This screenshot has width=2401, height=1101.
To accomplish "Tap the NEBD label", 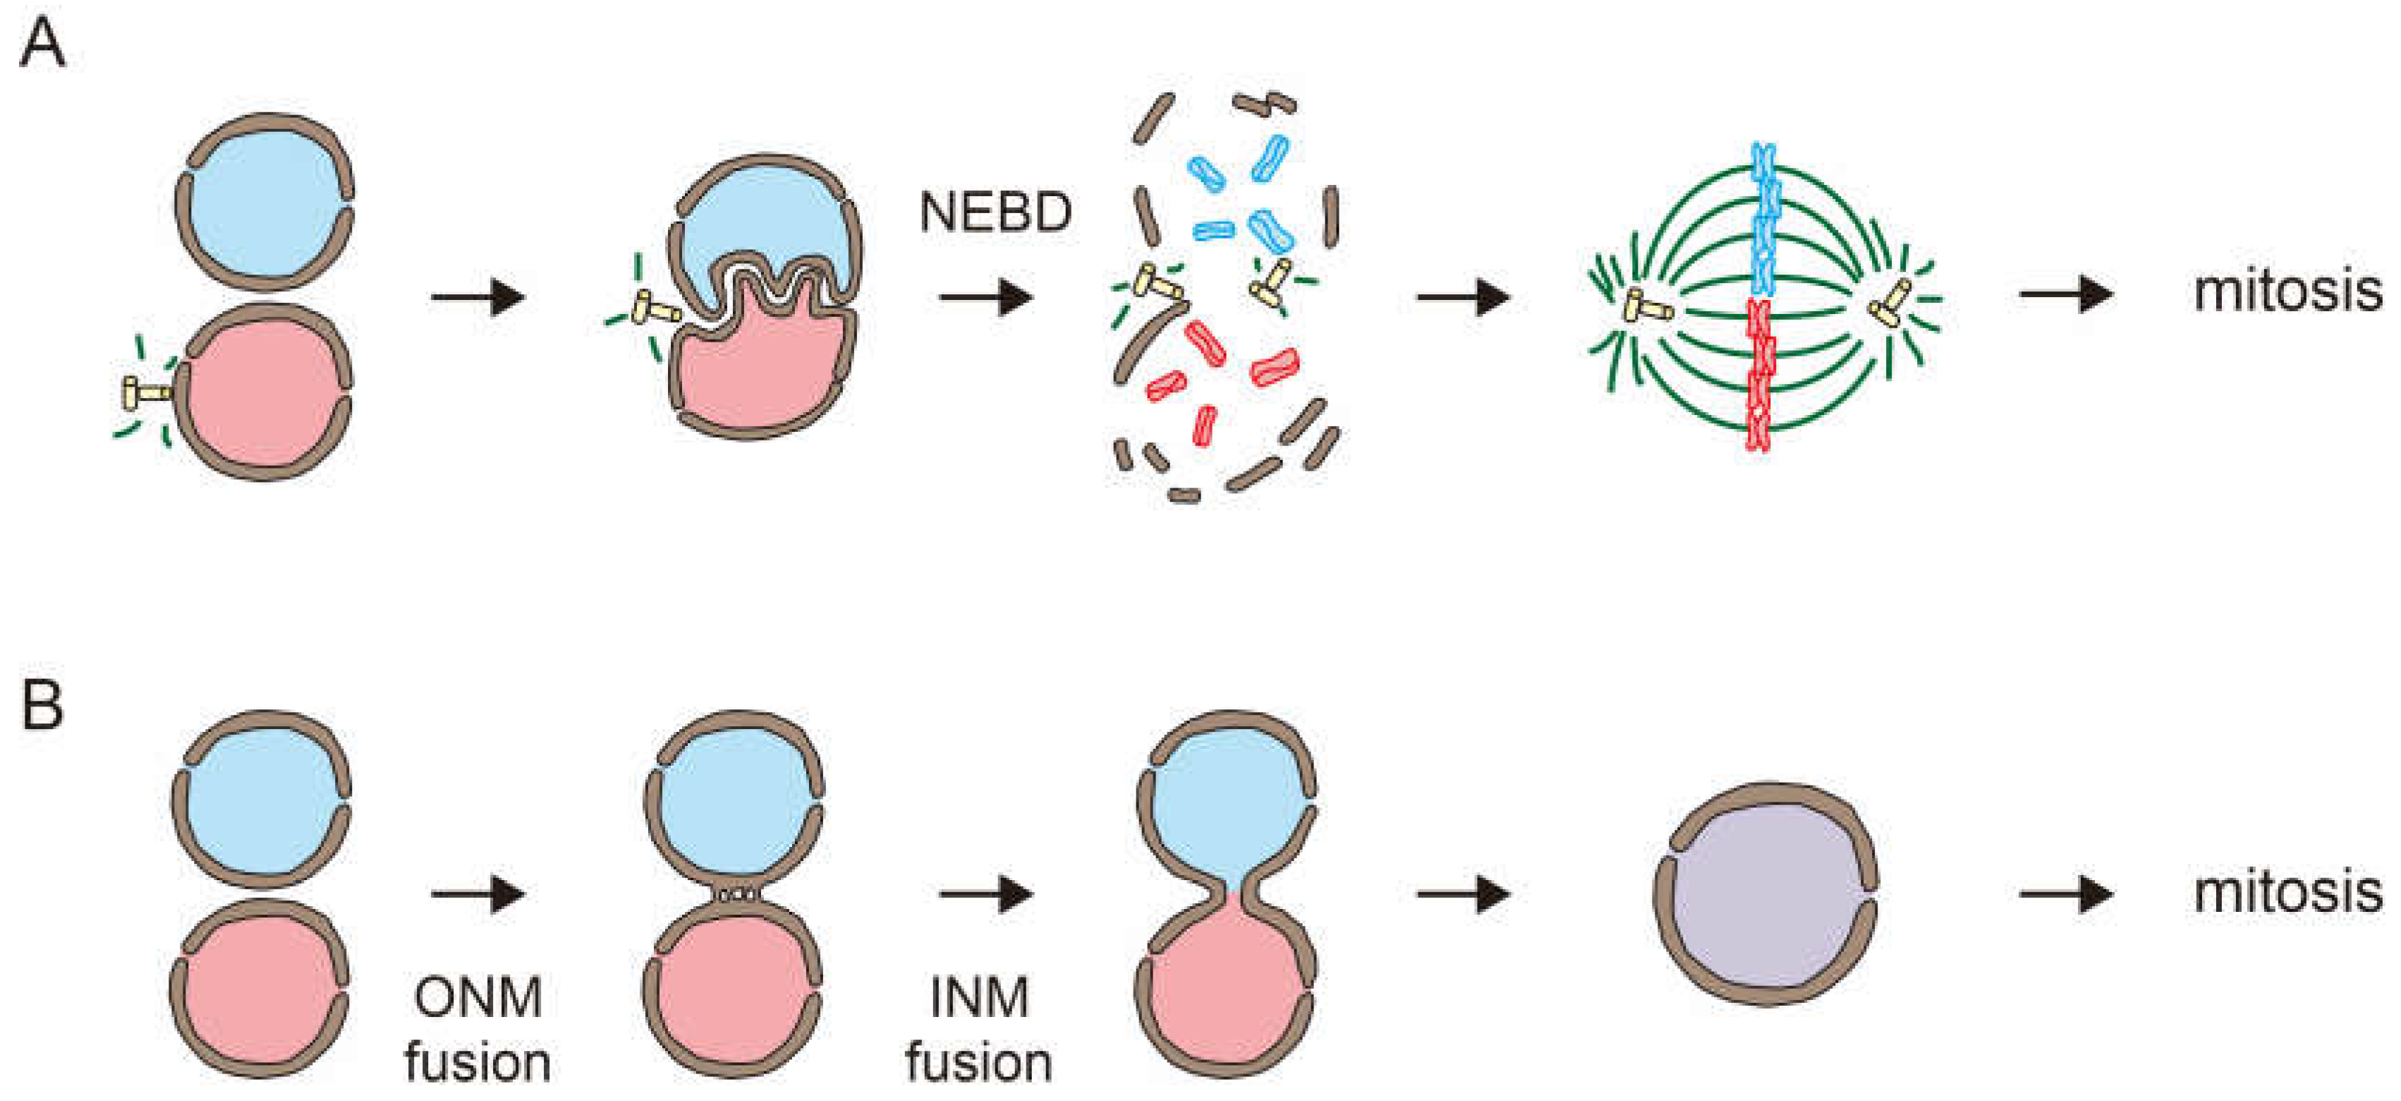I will tap(995, 212).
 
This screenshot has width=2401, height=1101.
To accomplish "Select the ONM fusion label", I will tap(478, 1029).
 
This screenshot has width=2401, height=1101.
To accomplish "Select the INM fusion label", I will tap(979, 1029).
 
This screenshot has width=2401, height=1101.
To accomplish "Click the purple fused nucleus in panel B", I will tap(1764, 895).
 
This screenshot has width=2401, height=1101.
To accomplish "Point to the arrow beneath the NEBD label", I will tap(986, 299).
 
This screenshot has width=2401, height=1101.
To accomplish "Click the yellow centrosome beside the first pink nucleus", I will tap(145, 393).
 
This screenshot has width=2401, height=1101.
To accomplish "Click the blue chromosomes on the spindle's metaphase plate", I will tap(1763, 219).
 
